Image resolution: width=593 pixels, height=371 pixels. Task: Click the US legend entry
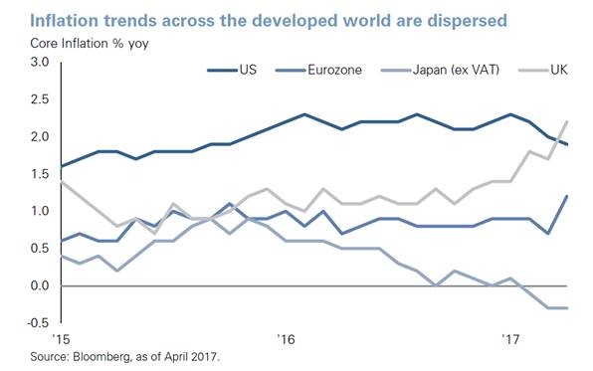coord(232,70)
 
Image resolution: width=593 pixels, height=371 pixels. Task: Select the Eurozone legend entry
coord(318,70)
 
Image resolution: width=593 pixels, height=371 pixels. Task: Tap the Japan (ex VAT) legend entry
coord(440,70)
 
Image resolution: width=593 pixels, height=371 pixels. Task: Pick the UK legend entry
coord(543,70)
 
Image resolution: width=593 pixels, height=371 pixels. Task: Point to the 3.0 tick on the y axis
coord(40,62)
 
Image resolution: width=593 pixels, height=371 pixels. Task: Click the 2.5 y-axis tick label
coord(40,99)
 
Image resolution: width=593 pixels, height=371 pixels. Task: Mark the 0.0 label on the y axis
coord(40,285)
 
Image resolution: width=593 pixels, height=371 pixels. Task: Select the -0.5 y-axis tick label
coord(38,322)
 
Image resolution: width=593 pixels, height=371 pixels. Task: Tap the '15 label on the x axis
coord(61,339)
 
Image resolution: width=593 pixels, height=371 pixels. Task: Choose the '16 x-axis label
coord(286,339)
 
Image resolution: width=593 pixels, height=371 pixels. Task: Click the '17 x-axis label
coord(510,339)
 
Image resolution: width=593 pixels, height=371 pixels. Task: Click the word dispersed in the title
coord(467,21)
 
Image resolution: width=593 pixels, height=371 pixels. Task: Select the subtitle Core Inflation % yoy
coord(90,44)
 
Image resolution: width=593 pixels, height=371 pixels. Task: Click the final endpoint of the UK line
coord(567,121)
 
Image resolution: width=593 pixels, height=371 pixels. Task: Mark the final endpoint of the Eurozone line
coord(567,196)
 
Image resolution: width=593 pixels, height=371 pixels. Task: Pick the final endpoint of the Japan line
coord(567,308)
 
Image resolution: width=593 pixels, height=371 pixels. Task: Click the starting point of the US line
coord(62,166)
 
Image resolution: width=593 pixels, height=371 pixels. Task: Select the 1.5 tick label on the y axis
coord(40,174)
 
